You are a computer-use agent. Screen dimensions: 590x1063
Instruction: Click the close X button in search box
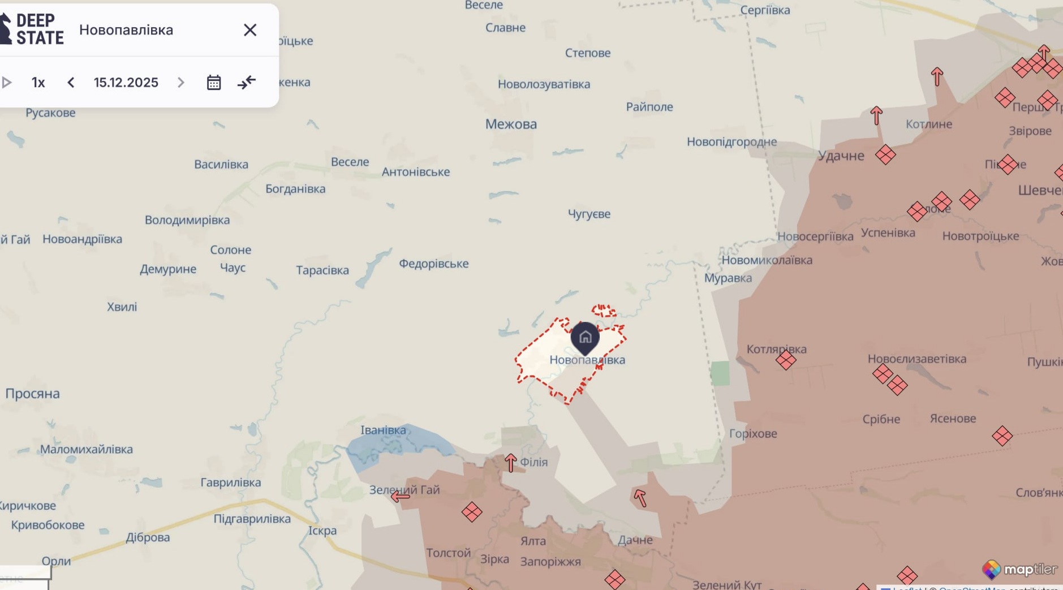[x=250, y=30]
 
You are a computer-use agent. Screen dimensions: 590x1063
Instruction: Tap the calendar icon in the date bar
[x=214, y=83]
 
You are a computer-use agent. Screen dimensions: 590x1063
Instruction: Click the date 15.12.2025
[x=126, y=83]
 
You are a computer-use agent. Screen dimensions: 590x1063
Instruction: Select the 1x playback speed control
[x=38, y=83]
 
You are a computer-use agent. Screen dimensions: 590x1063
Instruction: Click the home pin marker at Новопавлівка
[x=585, y=338]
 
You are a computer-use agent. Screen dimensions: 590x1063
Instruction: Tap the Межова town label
[x=511, y=124]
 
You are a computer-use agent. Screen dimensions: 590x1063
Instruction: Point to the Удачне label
[x=841, y=156]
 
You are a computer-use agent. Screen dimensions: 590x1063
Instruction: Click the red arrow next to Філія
[x=510, y=462]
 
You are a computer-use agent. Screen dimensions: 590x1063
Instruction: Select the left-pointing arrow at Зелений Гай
[x=400, y=497]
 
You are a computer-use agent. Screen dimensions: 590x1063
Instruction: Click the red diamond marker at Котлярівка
[x=786, y=360]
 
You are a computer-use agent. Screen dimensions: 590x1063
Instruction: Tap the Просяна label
[x=32, y=394]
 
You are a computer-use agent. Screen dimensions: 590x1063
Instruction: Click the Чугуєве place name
[x=589, y=214]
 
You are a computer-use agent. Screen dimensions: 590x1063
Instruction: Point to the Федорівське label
[x=433, y=264]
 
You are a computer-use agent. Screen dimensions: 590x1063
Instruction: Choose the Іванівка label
[x=383, y=430]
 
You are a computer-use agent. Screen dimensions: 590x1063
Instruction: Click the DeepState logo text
[x=39, y=29]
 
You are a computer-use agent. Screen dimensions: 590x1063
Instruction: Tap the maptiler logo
[x=1019, y=569]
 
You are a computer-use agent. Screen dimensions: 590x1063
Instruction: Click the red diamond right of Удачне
[x=885, y=154]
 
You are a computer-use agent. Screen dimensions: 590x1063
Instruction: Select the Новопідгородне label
[x=731, y=142]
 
